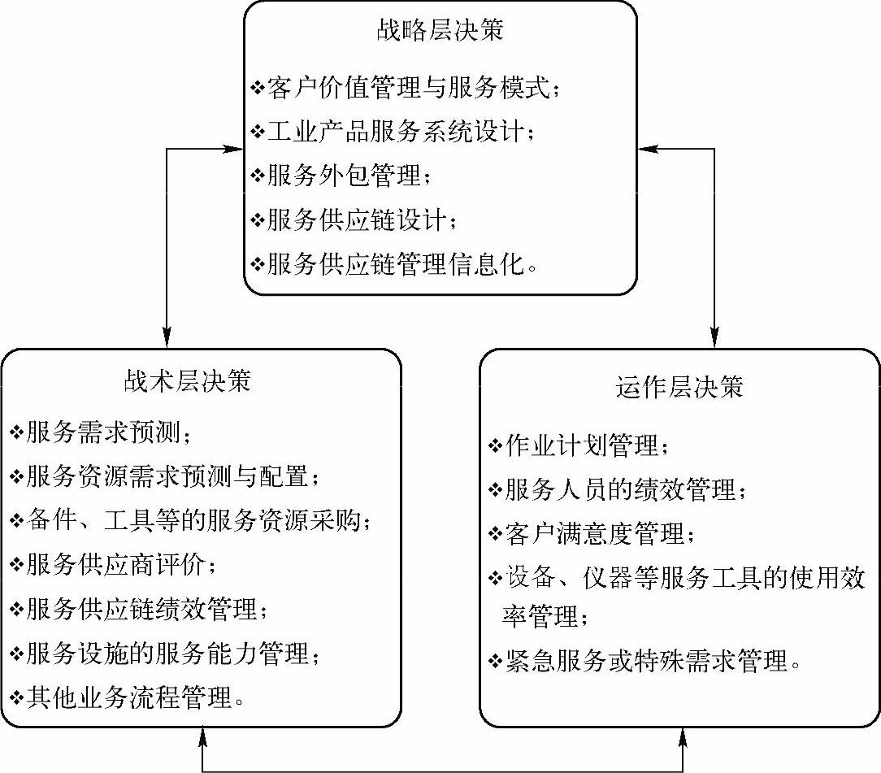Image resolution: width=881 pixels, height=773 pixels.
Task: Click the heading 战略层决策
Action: (440, 31)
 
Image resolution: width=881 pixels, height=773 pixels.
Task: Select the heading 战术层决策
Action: (187, 380)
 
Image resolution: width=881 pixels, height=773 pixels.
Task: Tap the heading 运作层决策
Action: (679, 387)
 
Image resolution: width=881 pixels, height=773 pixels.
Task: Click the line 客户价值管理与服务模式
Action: (411, 87)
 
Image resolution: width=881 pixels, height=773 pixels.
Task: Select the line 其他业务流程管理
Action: (133, 697)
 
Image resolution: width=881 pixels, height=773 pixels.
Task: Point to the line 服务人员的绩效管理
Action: (622, 490)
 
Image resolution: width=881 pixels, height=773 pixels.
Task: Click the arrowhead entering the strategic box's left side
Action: (235, 149)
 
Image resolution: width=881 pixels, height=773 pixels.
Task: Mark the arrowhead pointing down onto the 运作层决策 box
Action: (715, 335)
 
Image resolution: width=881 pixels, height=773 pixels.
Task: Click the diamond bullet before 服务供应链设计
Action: (258, 219)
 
